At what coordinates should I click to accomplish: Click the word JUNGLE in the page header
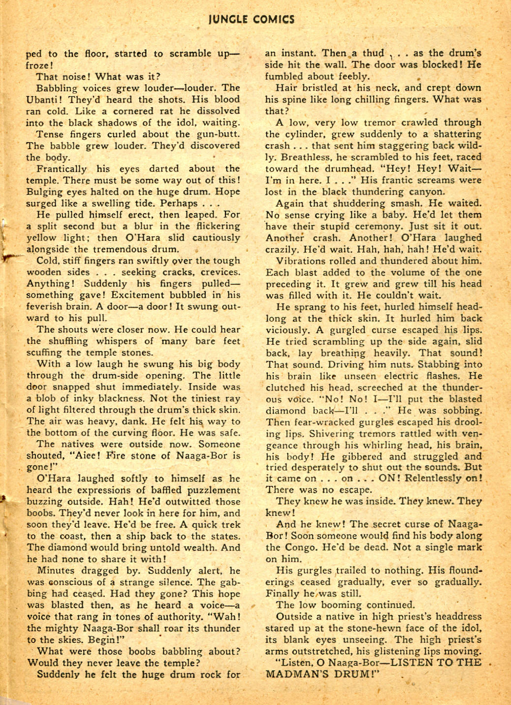(227, 19)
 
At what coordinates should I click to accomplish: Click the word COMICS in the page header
(273, 19)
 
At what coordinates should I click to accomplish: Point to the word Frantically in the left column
(62, 169)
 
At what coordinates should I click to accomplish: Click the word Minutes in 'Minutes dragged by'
(55, 571)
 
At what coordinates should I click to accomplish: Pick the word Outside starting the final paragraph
(293, 616)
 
